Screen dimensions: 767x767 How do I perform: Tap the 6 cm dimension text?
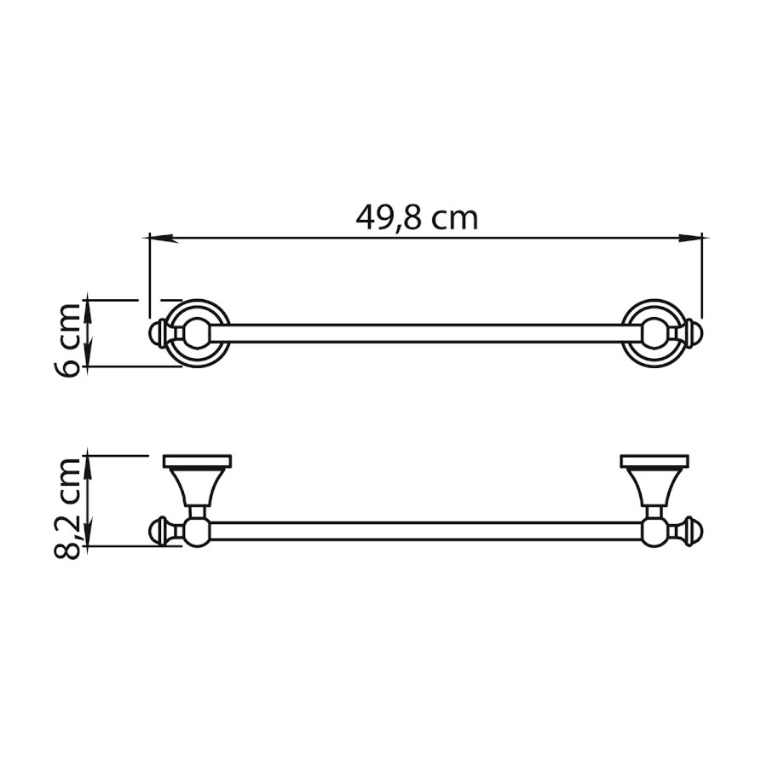tap(66, 340)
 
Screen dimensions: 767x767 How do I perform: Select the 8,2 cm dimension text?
tap(66, 509)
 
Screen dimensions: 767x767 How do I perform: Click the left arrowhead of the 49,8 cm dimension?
tap(161, 239)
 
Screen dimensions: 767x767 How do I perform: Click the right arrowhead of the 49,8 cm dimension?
tap(689, 239)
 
